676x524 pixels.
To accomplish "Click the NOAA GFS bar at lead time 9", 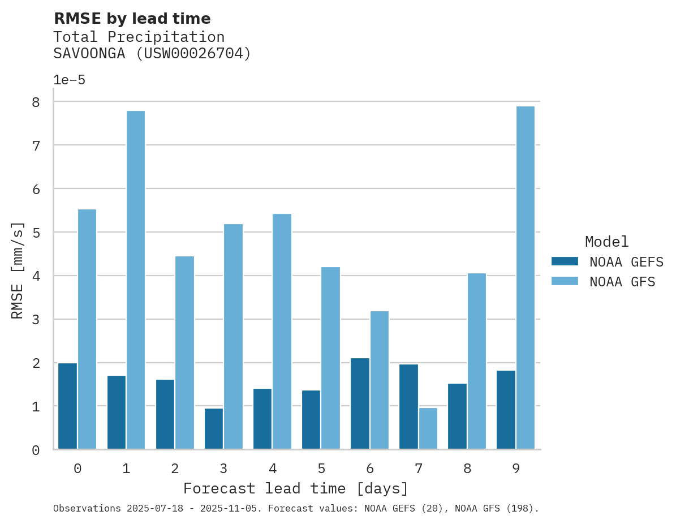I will click(526, 278).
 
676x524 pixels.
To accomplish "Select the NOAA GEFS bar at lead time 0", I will click(67, 406).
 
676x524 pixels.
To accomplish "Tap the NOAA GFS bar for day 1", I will click(136, 280).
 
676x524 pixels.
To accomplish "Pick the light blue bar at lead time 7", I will click(428, 428).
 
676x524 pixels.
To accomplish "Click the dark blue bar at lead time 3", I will click(214, 429).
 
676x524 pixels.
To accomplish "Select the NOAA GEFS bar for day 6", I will click(360, 403).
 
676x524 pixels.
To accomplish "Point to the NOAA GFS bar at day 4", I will click(282, 332).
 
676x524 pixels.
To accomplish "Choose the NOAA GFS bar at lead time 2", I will click(184, 353).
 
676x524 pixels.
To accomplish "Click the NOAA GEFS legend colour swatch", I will click(565, 261).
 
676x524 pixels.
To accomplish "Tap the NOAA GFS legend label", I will click(622, 282).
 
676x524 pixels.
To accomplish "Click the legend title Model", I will click(606, 242).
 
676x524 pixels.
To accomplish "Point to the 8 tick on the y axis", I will click(36, 102).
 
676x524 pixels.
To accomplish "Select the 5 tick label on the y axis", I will click(36, 233).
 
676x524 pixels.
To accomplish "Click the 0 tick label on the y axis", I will click(36, 450).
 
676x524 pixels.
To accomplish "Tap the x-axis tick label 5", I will click(321, 469).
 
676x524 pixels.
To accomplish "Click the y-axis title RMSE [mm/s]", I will click(18, 271).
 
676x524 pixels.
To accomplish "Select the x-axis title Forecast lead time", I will click(296, 488).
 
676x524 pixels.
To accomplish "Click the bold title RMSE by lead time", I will click(132, 19).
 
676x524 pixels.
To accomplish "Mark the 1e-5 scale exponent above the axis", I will click(69, 80).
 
